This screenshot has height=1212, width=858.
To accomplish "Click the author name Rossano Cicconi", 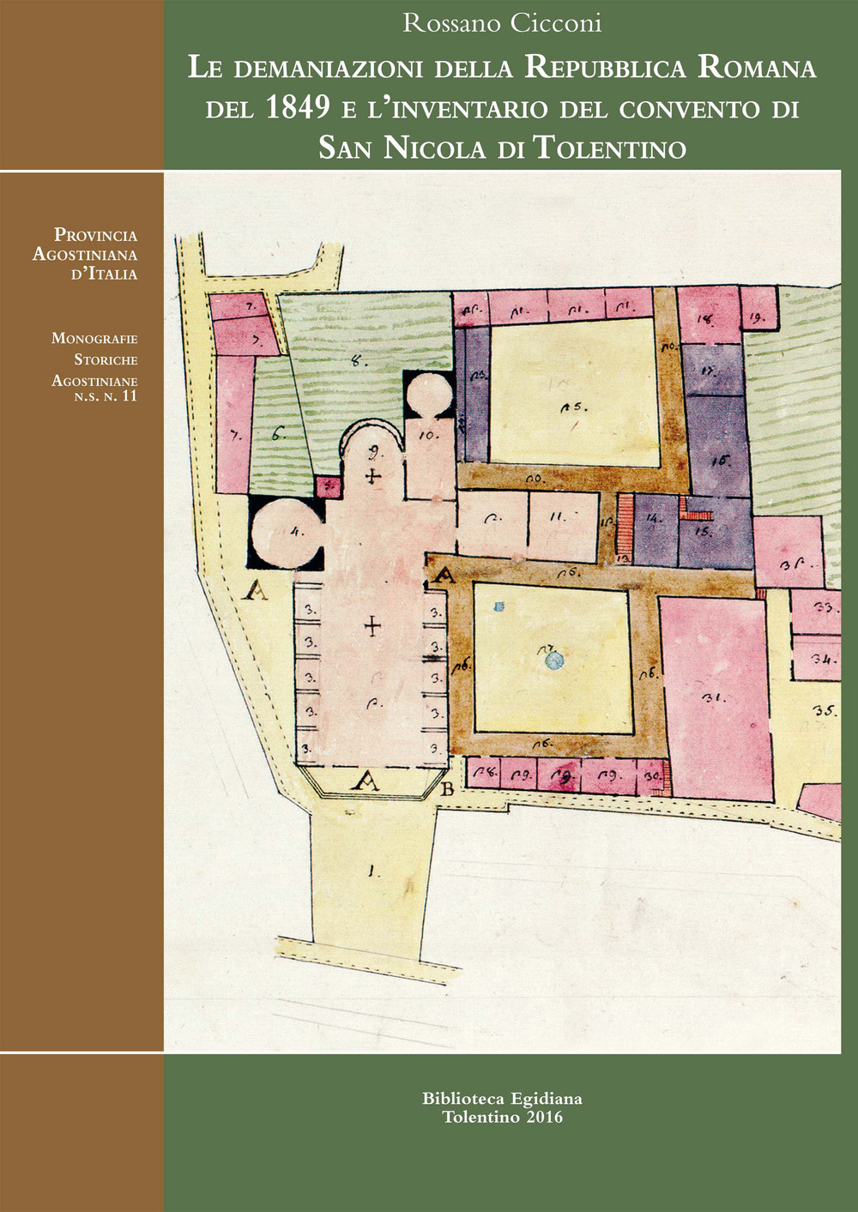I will [x=502, y=23].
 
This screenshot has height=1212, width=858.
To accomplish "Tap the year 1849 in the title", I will [x=299, y=108].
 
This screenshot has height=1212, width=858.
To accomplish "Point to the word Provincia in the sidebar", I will [x=95, y=235].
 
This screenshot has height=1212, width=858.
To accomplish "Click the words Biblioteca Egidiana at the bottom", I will [x=502, y=1098].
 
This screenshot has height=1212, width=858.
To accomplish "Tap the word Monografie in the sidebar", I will [x=94, y=339].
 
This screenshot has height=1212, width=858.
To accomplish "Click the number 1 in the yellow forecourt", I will [x=372, y=872].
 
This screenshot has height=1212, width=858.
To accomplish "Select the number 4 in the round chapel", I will [x=298, y=531].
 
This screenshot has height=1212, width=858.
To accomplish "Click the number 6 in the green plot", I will [x=276, y=435].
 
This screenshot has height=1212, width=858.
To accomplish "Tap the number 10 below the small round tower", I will [x=429, y=435].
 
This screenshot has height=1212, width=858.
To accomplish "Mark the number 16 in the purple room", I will [x=719, y=461].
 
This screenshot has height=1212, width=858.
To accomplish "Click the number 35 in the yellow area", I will [x=825, y=710].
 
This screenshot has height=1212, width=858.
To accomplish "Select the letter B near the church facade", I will [x=446, y=789].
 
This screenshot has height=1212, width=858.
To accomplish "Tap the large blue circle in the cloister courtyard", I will [x=554, y=660].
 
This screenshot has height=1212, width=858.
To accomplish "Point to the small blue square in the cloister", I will [x=498, y=606].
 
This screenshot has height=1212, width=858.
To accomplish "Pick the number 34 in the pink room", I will [x=825, y=660].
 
